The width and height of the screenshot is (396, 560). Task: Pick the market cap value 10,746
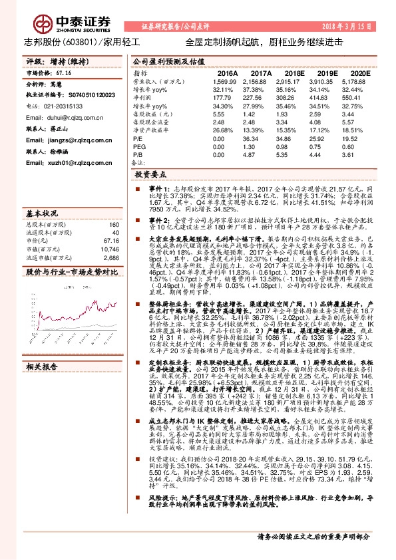pos(110,248)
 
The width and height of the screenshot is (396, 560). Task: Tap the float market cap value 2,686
pos(111,257)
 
